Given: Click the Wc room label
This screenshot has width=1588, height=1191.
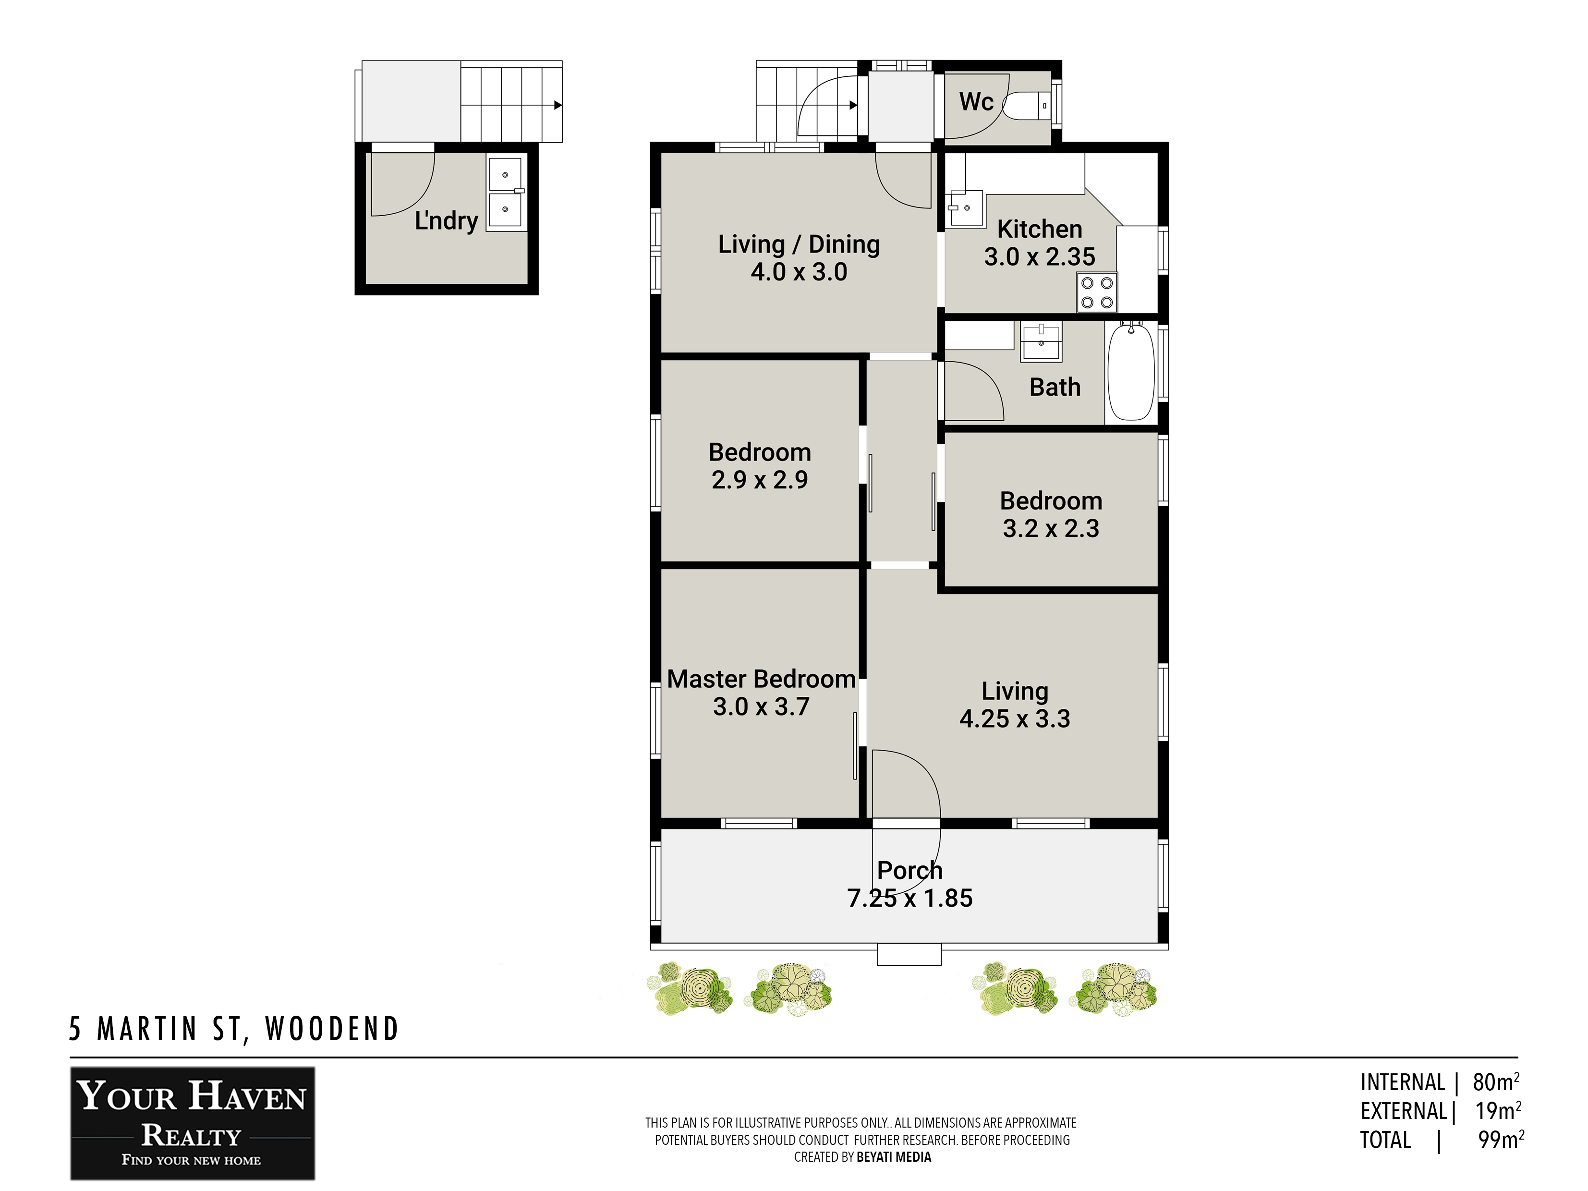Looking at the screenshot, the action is [x=976, y=102].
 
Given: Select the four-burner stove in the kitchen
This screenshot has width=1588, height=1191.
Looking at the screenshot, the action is [x=1097, y=292].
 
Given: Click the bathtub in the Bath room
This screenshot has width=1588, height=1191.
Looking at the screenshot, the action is [x=1131, y=371].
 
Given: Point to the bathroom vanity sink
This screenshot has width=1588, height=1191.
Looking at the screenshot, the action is [x=1041, y=342].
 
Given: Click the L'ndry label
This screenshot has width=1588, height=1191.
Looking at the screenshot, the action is [x=447, y=220].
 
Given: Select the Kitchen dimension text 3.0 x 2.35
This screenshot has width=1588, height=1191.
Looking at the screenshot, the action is [x=1040, y=256].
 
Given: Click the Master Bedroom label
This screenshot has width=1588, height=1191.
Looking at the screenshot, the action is [x=761, y=679].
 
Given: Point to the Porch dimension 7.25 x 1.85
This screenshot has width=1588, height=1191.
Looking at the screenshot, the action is [x=909, y=898].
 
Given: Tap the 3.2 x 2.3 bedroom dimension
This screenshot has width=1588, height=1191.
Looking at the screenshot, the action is [x=1051, y=528].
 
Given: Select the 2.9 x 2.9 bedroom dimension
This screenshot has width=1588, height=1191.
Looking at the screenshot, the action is [x=760, y=480].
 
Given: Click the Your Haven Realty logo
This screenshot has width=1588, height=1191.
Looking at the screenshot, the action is [x=193, y=1123].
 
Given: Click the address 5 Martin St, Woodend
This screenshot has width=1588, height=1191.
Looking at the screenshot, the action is [x=233, y=1029].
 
